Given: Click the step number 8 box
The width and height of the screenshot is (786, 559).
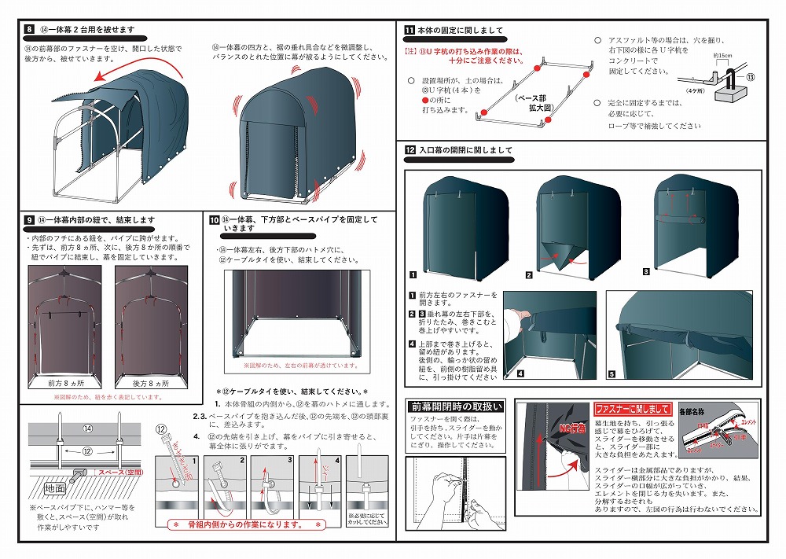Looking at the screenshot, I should [29, 29].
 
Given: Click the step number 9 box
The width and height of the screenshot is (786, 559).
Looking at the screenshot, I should [29, 220].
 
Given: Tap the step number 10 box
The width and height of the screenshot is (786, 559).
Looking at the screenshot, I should [214, 219].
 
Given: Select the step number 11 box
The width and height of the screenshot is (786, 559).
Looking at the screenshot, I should [410, 31].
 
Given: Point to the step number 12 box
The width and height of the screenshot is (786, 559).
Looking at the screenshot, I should [410, 149].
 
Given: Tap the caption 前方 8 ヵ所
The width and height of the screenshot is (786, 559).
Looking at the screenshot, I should [65, 384].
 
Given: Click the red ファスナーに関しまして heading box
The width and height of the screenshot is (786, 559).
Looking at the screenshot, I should [632, 409].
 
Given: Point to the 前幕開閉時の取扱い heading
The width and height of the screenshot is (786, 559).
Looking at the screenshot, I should [455, 406].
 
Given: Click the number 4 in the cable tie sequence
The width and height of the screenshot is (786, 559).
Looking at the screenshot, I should [338, 460].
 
